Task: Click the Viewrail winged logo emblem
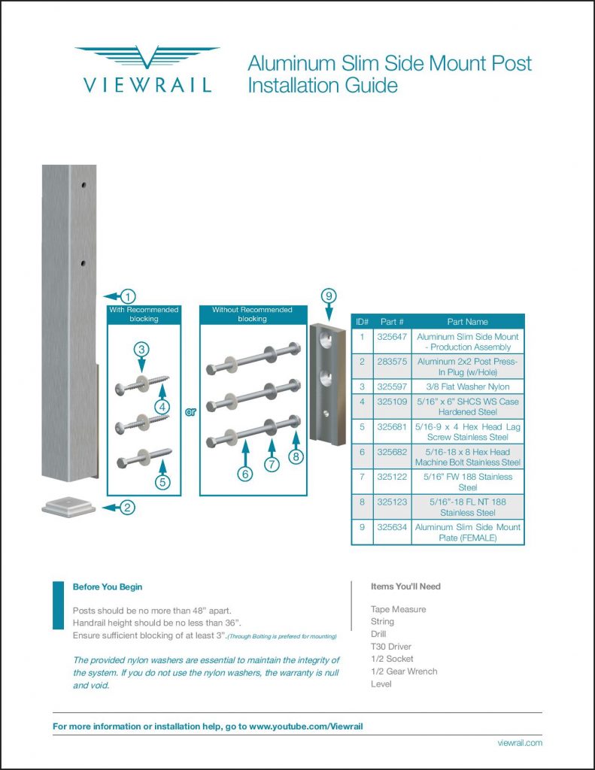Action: [x=147, y=58]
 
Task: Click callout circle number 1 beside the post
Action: [x=129, y=296]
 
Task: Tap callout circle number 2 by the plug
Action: [x=129, y=508]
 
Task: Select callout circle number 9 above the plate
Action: [x=328, y=296]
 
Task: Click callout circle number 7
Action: [x=272, y=464]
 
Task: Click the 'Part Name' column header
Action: [x=467, y=322]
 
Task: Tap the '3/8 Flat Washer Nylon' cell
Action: [x=467, y=387]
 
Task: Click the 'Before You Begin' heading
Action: [x=107, y=587]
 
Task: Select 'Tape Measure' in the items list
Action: [x=398, y=609]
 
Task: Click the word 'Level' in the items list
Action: [x=381, y=684]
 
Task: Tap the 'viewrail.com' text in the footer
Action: [x=520, y=743]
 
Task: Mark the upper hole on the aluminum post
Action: [x=84, y=184]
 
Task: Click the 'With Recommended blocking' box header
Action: [x=144, y=314]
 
